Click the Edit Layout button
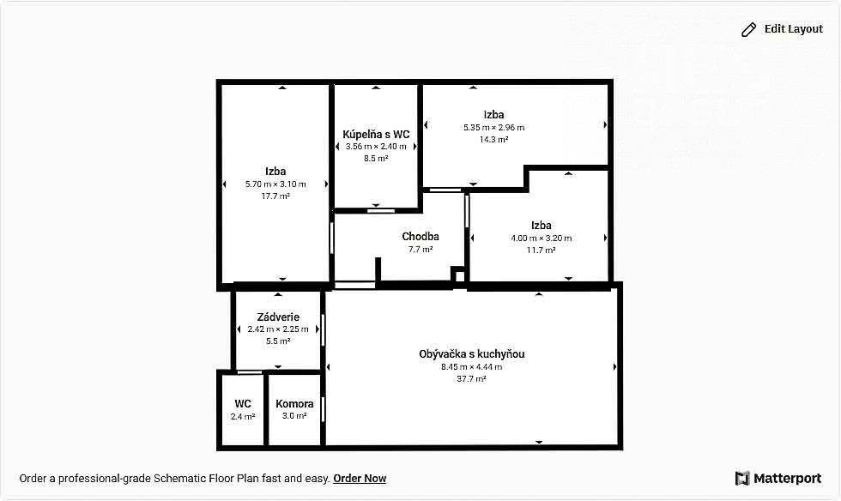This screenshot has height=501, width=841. click(x=782, y=29)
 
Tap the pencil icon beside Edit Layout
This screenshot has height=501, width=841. click(x=748, y=29)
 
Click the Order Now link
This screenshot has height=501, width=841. click(x=360, y=479)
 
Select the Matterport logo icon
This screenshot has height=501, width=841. click(x=741, y=478)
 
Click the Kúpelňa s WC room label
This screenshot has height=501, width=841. click(x=376, y=134)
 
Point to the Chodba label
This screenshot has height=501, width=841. click(x=420, y=237)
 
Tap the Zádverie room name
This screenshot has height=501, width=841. click(x=278, y=317)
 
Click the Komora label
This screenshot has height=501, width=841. click(x=294, y=404)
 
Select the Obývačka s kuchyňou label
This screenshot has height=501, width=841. click(x=472, y=354)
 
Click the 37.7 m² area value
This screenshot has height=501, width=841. click(x=471, y=378)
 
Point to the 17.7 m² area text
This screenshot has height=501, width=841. click(x=275, y=196)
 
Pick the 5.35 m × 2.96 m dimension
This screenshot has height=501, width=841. click(x=494, y=128)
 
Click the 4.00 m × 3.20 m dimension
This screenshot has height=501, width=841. click(x=542, y=238)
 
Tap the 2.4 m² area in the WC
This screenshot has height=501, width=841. click(x=243, y=416)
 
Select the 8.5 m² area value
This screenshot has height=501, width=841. click(x=376, y=158)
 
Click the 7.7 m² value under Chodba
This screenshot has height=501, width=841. click(x=420, y=249)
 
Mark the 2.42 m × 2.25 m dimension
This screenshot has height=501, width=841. click(x=278, y=329)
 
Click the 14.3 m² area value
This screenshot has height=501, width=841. click(x=494, y=140)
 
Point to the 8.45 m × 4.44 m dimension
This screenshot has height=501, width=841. click(x=472, y=367)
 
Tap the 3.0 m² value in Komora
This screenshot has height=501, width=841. click(x=294, y=416)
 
